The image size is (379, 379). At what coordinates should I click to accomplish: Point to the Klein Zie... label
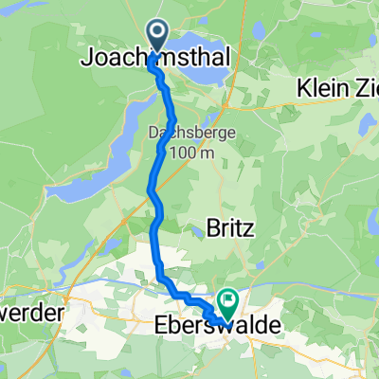[x=336, y=86]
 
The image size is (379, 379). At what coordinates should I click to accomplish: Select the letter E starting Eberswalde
[x=159, y=325]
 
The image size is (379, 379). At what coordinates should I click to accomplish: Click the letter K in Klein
[x=303, y=86]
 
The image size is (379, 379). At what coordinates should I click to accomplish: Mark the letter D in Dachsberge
[x=153, y=135]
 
